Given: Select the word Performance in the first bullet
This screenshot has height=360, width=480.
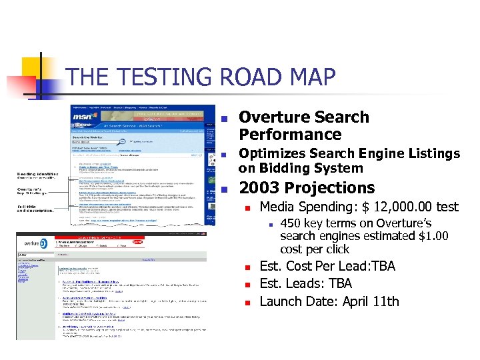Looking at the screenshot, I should tap(290, 135).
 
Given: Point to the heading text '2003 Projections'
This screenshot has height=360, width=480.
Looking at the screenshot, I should tap(307, 188).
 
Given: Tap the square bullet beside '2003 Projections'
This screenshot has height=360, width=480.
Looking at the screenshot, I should tap(225, 189).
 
